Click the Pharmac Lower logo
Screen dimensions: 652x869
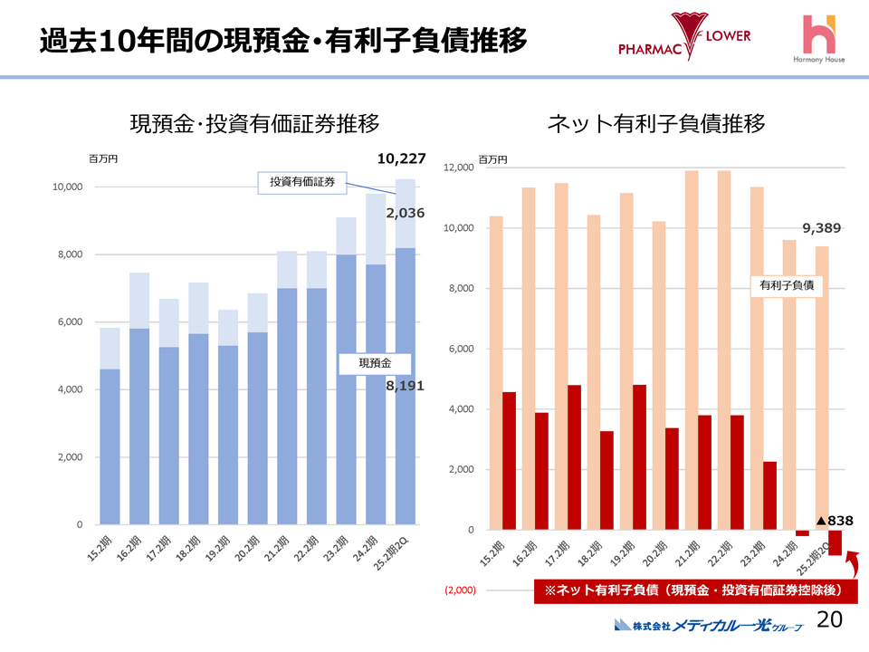(x=685, y=38)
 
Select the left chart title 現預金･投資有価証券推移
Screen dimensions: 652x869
(x=254, y=124)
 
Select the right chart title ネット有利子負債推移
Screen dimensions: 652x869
(x=656, y=124)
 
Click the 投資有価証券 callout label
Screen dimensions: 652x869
(x=302, y=183)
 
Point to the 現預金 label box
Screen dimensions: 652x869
(x=375, y=363)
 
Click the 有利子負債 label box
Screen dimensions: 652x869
(x=785, y=285)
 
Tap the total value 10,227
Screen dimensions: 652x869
(x=401, y=159)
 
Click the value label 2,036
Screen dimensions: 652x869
(x=405, y=214)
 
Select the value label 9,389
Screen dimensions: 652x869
(x=822, y=228)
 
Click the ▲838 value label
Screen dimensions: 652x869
(x=835, y=521)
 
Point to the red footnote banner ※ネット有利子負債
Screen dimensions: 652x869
(x=692, y=590)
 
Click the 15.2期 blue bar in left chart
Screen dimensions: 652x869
(x=110, y=446)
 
